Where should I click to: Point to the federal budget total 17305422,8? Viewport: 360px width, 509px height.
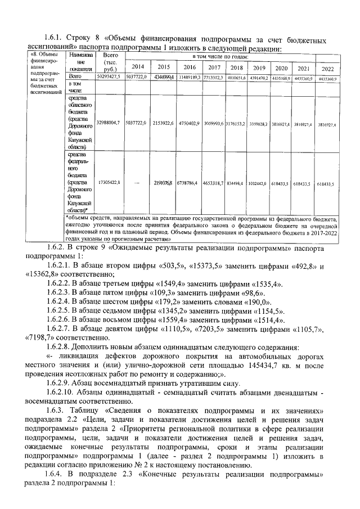click(x=109, y=183)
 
